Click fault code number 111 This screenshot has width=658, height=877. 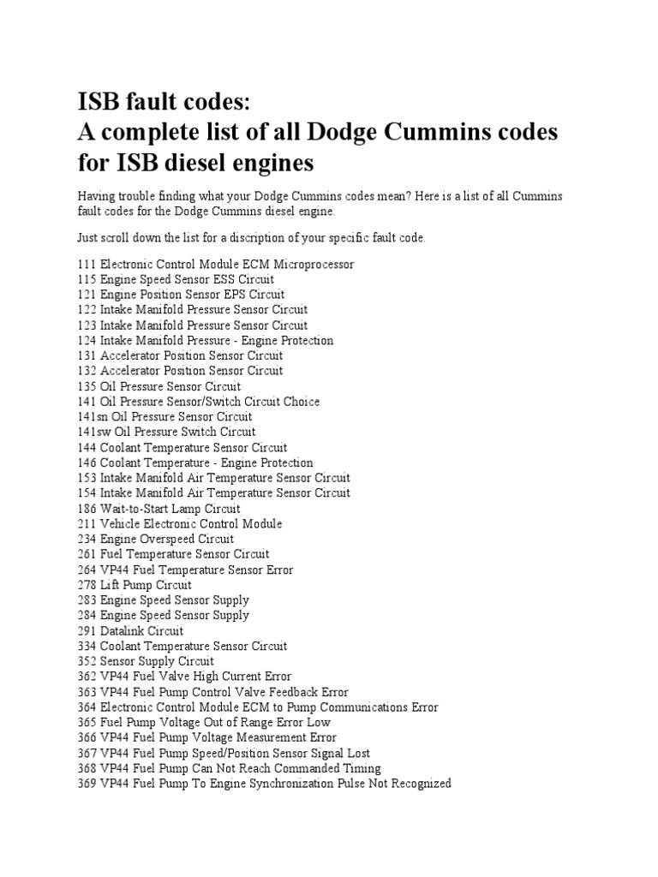(x=87, y=264)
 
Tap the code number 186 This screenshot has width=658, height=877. (x=87, y=508)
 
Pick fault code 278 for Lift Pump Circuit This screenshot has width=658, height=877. (x=87, y=585)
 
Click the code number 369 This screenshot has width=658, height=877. (x=87, y=783)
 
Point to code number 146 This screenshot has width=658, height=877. (x=87, y=462)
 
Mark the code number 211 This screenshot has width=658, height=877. (x=87, y=523)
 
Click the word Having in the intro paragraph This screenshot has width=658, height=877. (x=97, y=196)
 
